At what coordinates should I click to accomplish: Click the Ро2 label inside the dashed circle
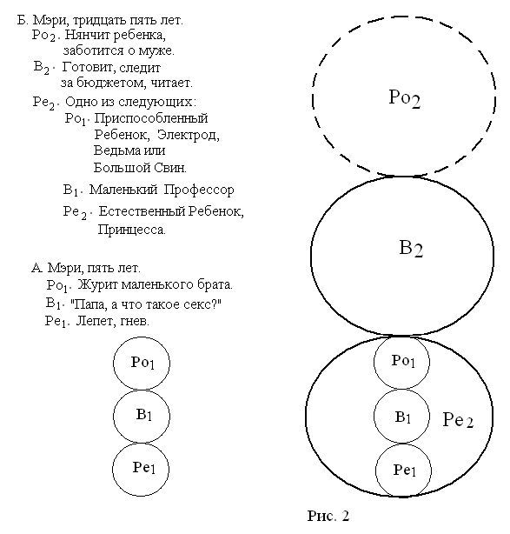(405, 99)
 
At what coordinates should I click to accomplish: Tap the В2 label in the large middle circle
(411, 249)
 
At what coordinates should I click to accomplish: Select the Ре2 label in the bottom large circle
(458, 419)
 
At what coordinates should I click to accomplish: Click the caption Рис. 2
(328, 516)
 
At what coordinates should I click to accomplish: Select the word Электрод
(189, 135)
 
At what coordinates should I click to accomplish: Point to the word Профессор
(199, 190)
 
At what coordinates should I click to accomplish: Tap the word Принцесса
(132, 230)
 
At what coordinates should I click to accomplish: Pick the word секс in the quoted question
(198, 304)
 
